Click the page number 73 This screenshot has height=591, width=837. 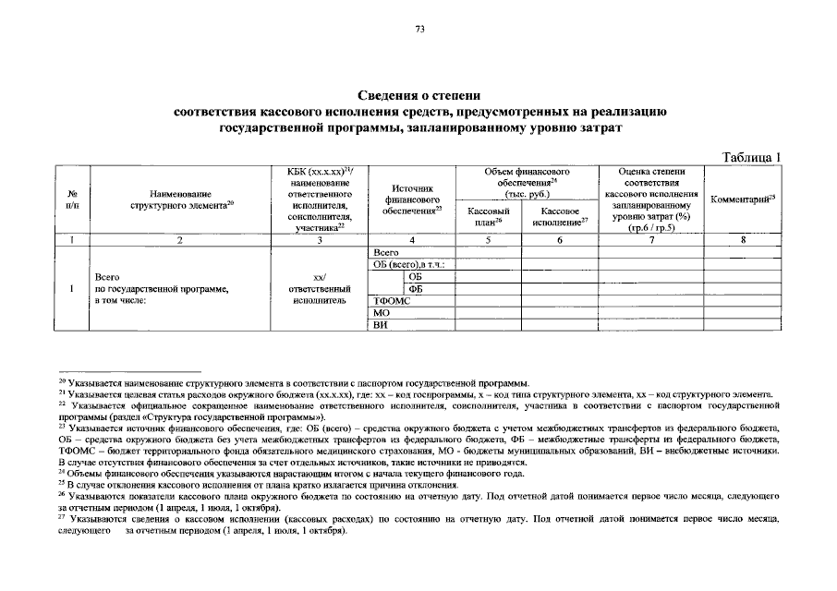coord(419,30)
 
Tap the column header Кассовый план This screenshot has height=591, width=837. coord(484,217)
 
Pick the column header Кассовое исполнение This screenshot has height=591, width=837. coord(560,217)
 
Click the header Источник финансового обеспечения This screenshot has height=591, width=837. coord(411,200)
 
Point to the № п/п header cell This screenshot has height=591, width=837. coord(72,200)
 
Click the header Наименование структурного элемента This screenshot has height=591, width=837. coord(180,200)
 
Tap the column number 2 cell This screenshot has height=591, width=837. coord(180,240)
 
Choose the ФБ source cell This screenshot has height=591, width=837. coord(415,288)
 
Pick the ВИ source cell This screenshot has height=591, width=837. coord(379,326)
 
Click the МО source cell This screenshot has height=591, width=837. coord(380,313)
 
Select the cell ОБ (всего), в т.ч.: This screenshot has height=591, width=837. coord(409,264)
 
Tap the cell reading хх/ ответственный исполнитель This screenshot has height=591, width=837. coord(319,288)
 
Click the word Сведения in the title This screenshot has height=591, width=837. coord(386,96)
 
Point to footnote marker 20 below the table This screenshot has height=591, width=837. coord(62,380)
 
